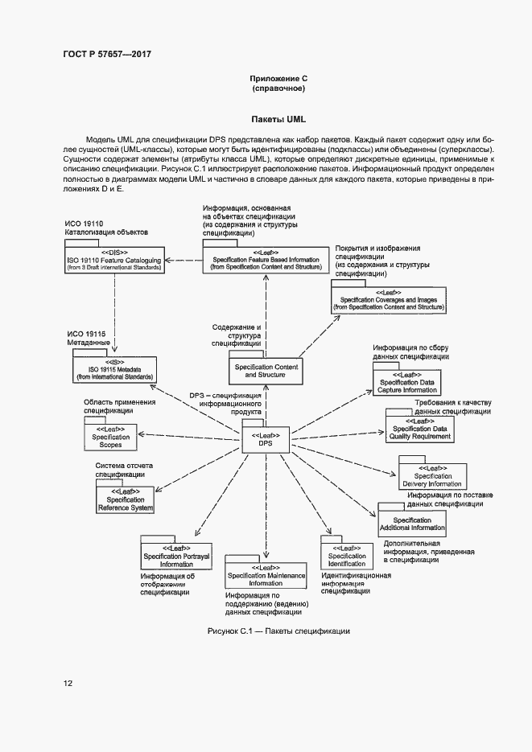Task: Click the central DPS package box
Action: click(x=265, y=439)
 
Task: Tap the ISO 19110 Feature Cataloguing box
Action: click(x=114, y=263)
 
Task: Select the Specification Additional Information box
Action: click(x=412, y=524)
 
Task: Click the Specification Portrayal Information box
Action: click(x=176, y=556)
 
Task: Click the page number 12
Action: click(x=68, y=684)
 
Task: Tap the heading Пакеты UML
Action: click(x=278, y=120)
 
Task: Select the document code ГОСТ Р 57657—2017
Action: click(x=107, y=54)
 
